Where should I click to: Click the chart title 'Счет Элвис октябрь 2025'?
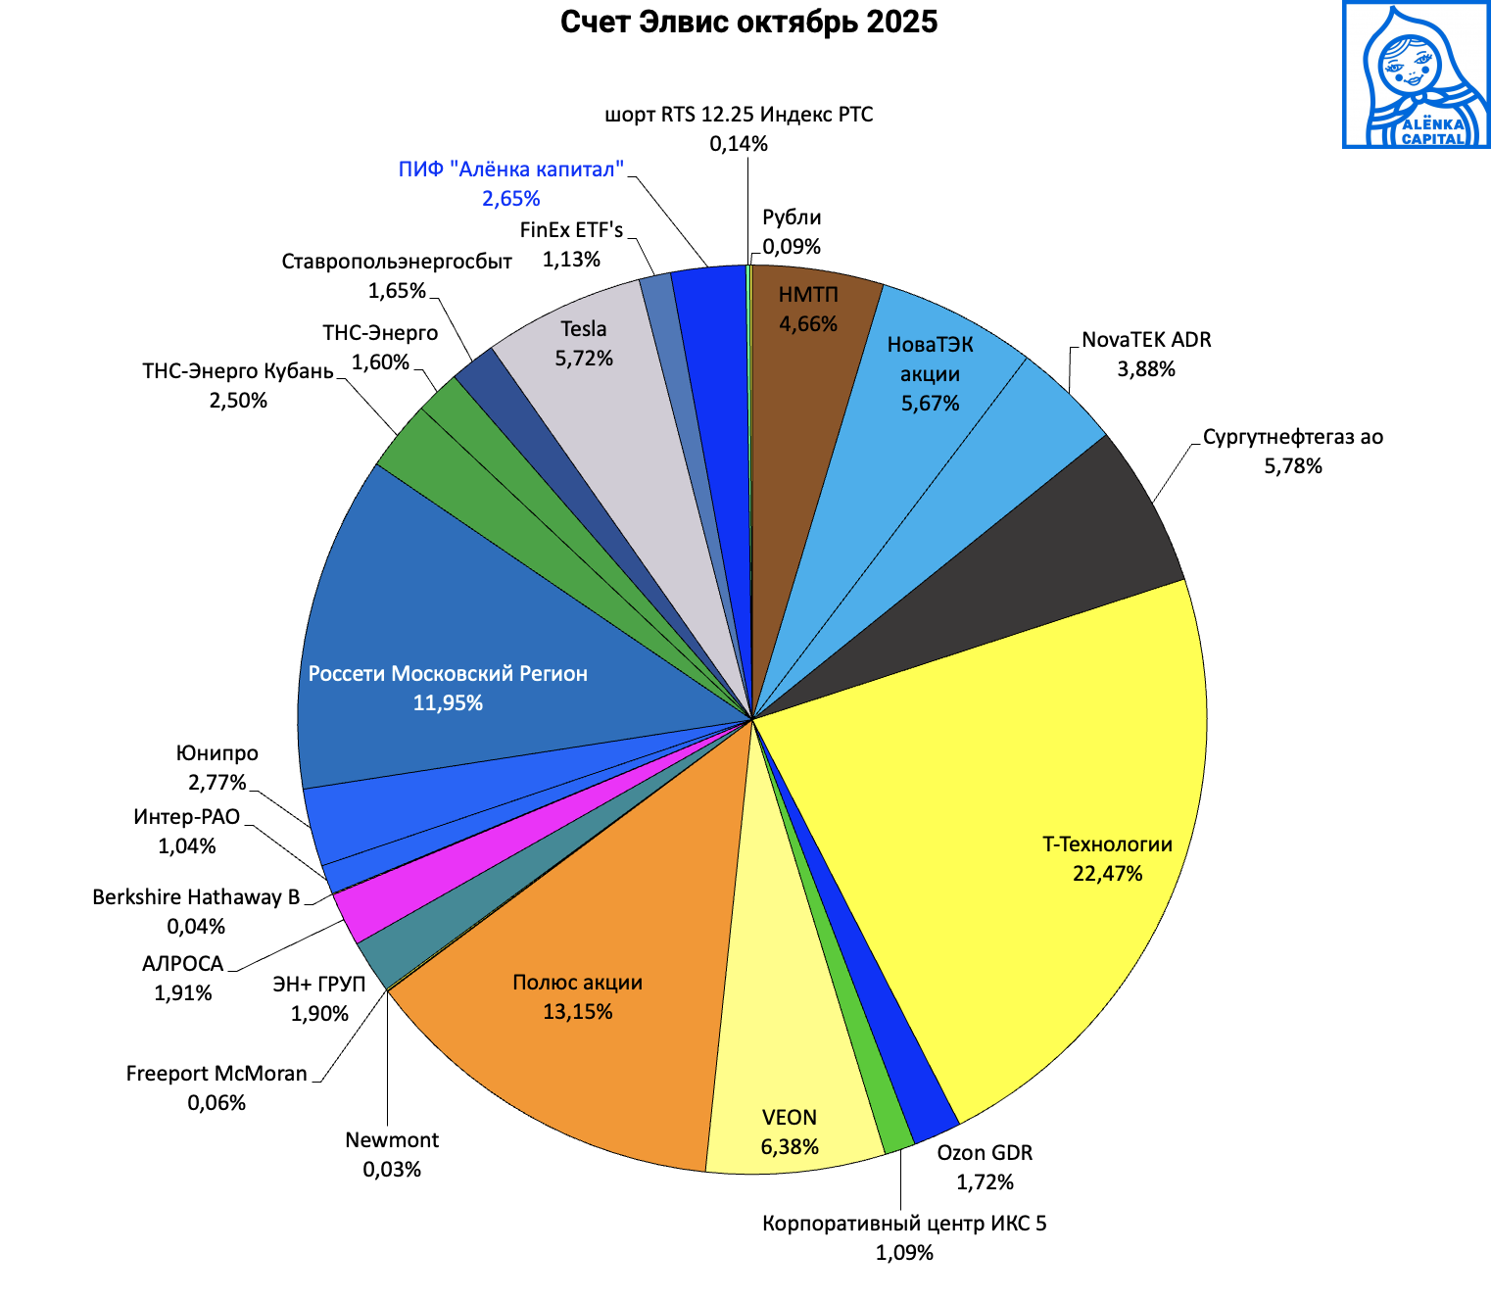click(x=748, y=22)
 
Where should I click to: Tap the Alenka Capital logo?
click(x=1416, y=75)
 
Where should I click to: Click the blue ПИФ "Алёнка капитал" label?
click(x=510, y=169)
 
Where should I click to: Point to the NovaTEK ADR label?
click(x=1146, y=340)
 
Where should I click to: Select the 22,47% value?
click(x=1107, y=874)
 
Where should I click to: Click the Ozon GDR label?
click(x=985, y=1152)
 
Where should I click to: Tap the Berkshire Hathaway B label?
click(x=196, y=897)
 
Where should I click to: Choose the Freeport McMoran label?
click(x=216, y=1074)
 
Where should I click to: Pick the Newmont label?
click(x=392, y=1140)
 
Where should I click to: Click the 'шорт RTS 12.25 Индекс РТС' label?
click(x=739, y=115)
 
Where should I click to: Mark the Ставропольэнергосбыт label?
click(x=397, y=262)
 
